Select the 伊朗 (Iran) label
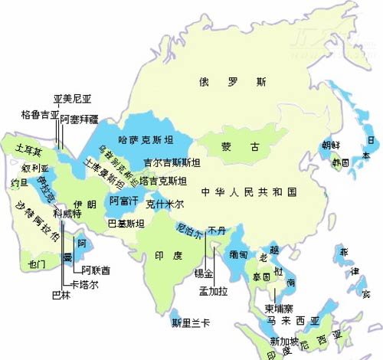84,205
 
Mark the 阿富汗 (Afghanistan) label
123,201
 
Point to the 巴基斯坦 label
126,224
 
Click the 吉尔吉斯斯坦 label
172,162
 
